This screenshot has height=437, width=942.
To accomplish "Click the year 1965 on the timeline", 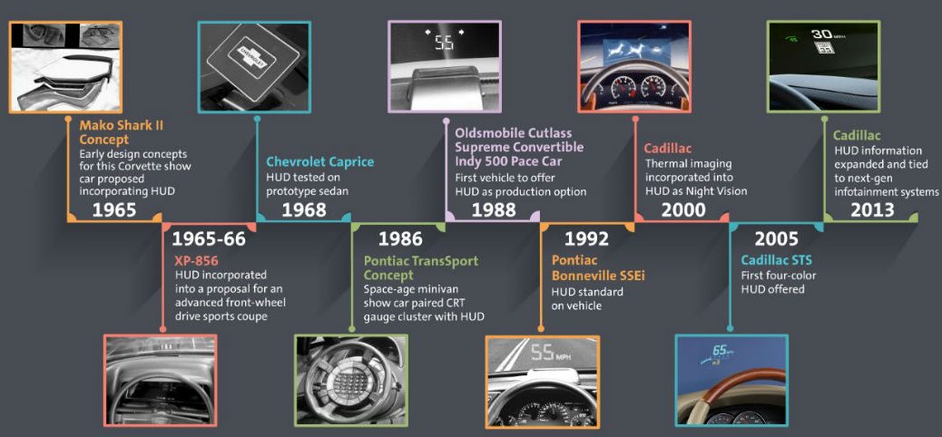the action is [114, 209].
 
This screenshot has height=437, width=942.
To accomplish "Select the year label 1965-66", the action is [209, 239].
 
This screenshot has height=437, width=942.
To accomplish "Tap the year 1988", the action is [493, 209].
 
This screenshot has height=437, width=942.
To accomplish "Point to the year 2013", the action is [872, 209].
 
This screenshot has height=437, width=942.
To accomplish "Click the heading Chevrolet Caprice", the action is [320, 161].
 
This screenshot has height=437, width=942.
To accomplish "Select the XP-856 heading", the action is [195, 261].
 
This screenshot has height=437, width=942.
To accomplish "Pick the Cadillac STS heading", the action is [776, 260].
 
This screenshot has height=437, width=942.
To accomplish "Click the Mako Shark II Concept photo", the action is [65, 67].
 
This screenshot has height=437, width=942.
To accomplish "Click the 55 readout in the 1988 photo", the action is [445, 43].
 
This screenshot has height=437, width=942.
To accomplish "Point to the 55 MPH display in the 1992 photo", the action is [550, 353].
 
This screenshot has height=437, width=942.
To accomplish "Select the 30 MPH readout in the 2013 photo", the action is [827, 34].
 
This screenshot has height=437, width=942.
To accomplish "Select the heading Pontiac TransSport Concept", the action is [420, 267].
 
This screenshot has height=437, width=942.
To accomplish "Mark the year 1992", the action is [586, 239].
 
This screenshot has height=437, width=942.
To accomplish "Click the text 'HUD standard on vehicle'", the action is [587, 299].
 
